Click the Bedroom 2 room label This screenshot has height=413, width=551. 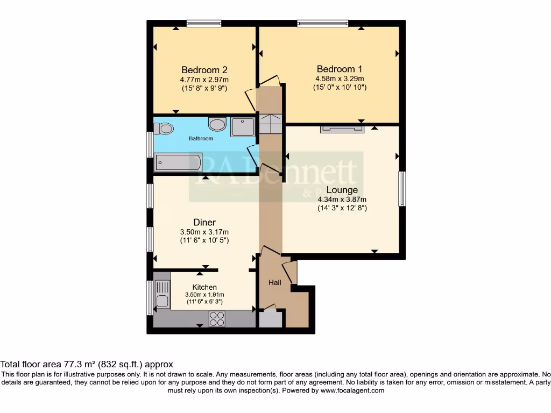click(x=204, y=70)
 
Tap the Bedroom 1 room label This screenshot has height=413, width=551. click(x=339, y=69)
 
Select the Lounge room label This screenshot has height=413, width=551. click(x=342, y=190)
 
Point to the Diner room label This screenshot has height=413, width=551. click(x=204, y=222)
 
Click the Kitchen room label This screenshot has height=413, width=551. click(x=204, y=287)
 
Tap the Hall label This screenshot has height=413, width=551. click(x=275, y=282)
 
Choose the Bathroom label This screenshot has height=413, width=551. click(x=201, y=138)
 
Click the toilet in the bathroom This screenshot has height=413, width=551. click(x=164, y=129)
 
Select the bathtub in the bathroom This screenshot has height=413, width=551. click(x=178, y=162)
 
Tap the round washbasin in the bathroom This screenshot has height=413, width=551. click(x=217, y=124)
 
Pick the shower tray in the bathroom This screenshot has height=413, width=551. click(x=243, y=127)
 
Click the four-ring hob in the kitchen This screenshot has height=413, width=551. click(x=217, y=319)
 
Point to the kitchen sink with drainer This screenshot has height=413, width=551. click(x=162, y=294)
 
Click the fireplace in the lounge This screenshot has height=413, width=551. click(x=342, y=129)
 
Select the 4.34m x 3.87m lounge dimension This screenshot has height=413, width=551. click(x=342, y=200)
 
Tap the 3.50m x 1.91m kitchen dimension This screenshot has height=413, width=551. click(x=204, y=295)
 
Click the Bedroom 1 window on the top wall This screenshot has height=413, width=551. click(x=323, y=24)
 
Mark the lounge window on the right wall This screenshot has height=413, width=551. click(x=402, y=189)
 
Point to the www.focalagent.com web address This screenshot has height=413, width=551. click(x=352, y=390)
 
